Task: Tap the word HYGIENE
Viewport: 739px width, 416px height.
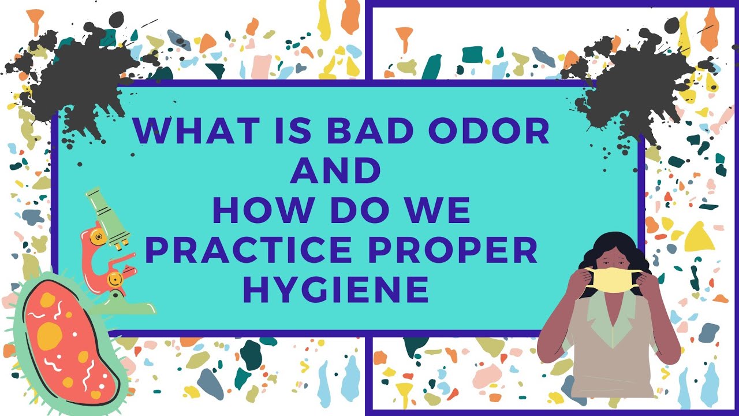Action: [340, 289]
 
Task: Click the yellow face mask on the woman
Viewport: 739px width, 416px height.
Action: [613, 280]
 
